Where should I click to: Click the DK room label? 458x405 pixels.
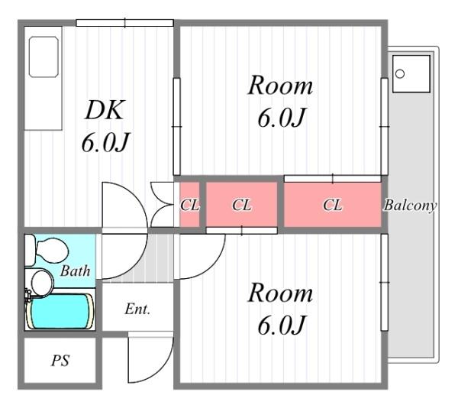point(105,110)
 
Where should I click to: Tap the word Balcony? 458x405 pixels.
point(410,206)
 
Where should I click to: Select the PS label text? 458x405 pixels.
point(60,361)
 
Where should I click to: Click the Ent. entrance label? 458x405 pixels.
point(137,309)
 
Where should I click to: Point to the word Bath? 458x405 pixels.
point(75,271)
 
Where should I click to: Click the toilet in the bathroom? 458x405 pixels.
point(47,251)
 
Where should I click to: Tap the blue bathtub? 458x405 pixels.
point(60,312)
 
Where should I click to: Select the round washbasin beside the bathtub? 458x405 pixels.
point(42,283)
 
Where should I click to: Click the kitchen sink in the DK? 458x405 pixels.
point(44,57)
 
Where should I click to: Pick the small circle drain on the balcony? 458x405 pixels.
point(400,73)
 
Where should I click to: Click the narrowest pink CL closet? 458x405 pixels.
point(189,204)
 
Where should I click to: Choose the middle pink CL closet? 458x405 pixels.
point(241,204)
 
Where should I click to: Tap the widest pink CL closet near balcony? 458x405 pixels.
point(333,204)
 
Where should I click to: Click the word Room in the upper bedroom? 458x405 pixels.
point(280,86)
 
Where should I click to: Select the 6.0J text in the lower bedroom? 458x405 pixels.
point(282,325)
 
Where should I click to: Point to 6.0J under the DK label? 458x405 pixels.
point(105,143)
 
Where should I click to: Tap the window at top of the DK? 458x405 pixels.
point(124,23)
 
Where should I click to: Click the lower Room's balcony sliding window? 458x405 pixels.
point(385,283)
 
